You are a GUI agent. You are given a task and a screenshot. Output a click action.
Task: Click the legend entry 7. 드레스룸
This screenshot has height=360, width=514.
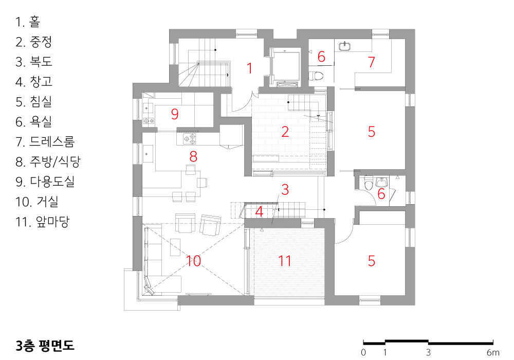[45, 141]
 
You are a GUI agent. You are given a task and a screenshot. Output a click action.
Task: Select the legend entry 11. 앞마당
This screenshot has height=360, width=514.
[42, 222]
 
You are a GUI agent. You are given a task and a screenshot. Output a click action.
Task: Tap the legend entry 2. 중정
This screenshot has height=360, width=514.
[34, 42]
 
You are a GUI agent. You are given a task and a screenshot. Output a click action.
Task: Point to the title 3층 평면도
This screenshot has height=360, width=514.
[45, 346]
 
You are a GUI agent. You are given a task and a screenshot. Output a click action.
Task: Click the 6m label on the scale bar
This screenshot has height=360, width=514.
[493, 352]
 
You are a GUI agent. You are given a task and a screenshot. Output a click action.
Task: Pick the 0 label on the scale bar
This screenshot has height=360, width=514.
[363, 352]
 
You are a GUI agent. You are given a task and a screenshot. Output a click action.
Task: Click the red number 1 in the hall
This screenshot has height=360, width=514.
[250, 68]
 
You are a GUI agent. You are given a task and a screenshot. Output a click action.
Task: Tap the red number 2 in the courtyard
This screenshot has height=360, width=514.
[285, 132]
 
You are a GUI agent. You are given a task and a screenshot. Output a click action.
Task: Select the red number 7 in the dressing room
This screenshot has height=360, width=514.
[371, 62]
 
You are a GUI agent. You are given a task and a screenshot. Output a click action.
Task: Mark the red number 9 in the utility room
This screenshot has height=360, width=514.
[175, 114]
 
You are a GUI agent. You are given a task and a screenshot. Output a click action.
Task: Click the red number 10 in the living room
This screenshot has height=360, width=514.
[193, 261]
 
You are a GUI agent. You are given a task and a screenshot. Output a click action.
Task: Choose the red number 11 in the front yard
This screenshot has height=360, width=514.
[285, 261]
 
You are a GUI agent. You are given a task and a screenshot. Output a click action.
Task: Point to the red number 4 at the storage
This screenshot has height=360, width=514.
[259, 211]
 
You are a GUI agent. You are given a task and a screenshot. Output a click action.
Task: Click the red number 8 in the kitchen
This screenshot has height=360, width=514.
[193, 156]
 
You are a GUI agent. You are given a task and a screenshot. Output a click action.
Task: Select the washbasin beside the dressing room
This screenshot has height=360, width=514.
[344, 46]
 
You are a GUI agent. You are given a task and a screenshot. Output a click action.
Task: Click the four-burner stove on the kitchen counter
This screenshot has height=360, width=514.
[189, 139]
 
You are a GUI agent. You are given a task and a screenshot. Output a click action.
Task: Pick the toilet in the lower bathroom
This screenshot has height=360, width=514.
[369, 183]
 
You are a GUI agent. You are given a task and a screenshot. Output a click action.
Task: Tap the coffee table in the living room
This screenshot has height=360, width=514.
[175, 247]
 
